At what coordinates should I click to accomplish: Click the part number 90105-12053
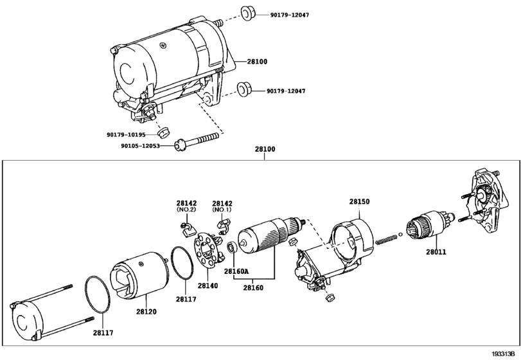(x=140, y=145)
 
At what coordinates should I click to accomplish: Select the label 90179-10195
(x=126, y=134)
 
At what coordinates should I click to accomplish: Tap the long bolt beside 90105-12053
(x=197, y=141)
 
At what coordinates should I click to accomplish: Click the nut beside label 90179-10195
(x=163, y=132)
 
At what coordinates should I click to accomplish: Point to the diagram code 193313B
(x=506, y=354)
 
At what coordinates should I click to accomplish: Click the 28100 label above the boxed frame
(x=265, y=149)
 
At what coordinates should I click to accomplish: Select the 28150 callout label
(x=359, y=201)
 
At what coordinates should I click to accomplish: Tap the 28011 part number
(x=436, y=252)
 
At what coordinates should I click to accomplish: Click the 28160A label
(x=236, y=271)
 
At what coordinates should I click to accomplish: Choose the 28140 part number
(x=208, y=285)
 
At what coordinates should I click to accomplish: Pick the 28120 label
(x=146, y=312)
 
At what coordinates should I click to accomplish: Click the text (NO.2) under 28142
(x=186, y=210)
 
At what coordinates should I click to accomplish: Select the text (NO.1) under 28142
(x=222, y=210)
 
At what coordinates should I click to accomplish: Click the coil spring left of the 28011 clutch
(x=386, y=239)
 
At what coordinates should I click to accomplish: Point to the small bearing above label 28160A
(x=231, y=248)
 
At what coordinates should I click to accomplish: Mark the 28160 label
(x=253, y=287)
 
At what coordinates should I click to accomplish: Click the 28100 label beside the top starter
(x=257, y=62)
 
